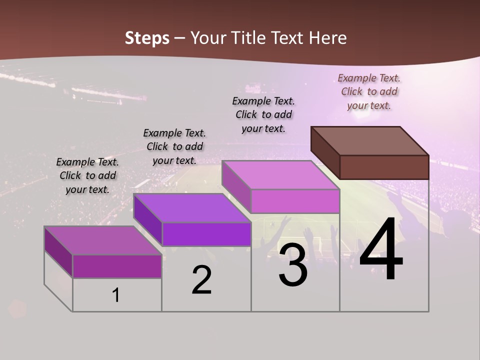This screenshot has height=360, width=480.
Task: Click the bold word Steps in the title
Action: [147, 38]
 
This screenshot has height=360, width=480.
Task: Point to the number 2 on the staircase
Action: [201, 280]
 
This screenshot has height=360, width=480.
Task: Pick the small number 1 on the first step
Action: [116, 295]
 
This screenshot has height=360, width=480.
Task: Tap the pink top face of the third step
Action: [280, 175]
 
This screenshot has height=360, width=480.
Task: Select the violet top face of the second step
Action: [192, 208]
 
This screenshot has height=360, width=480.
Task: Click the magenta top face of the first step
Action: [103, 240]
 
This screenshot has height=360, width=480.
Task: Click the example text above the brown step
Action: [369, 92]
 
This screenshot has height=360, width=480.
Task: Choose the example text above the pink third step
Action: [263, 114]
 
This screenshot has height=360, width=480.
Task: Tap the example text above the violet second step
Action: [174, 146]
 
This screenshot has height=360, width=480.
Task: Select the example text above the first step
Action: [87, 175]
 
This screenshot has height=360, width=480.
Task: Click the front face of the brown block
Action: [384, 167]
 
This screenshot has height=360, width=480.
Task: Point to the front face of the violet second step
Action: [206, 234]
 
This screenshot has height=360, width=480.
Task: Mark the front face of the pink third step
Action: [295, 201]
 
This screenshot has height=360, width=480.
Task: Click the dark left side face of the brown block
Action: [325, 152]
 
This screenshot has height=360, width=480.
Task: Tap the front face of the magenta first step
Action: [117, 266]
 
